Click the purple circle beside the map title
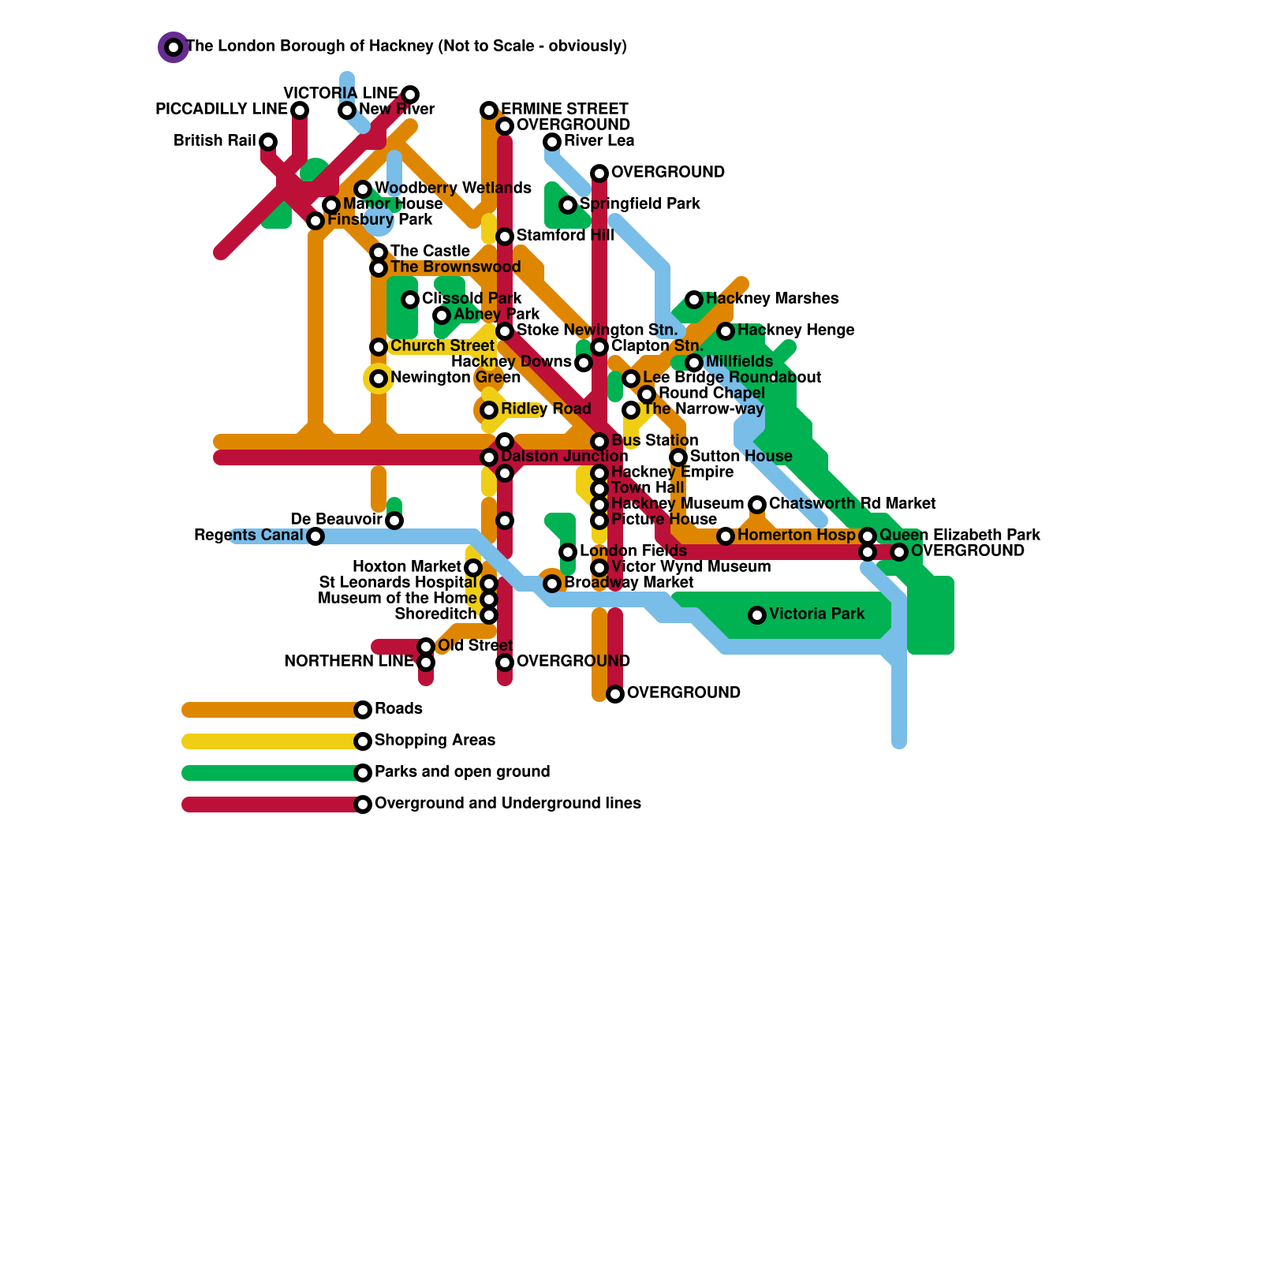[x=174, y=47]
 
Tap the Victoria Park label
[x=816, y=614]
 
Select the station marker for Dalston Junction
[x=489, y=457]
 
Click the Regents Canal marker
[x=315, y=536]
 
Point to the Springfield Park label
[x=640, y=203]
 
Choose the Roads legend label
[x=398, y=708]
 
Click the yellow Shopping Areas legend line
[x=268, y=741]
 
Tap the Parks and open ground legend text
[x=462, y=771]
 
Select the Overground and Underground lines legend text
[x=507, y=803]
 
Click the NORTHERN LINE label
[x=349, y=661]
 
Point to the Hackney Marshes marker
[x=694, y=300]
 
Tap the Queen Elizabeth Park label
[x=959, y=535]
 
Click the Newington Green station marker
[x=379, y=379]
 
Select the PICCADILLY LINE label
[x=222, y=109]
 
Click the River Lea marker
[x=552, y=142]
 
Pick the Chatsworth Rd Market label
[x=852, y=503]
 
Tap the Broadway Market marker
[x=552, y=584]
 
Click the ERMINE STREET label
[x=564, y=109]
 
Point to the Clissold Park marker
[x=410, y=300]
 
